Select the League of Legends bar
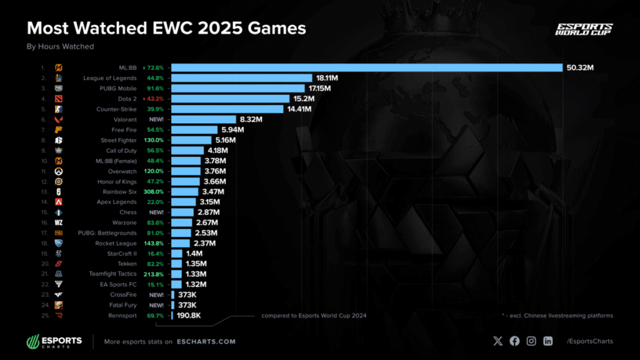[x=241, y=78]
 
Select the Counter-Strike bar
[x=229, y=109]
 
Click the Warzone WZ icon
[x=58, y=222]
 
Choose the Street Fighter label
[x=118, y=140]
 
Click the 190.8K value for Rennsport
[x=188, y=316]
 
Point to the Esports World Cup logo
[x=584, y=30]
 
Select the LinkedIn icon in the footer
[x=548, y=341]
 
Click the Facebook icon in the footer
[x=514, y=341]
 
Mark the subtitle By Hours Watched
[x=60, y=46]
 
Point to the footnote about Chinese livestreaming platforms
[x=557, y=316]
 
